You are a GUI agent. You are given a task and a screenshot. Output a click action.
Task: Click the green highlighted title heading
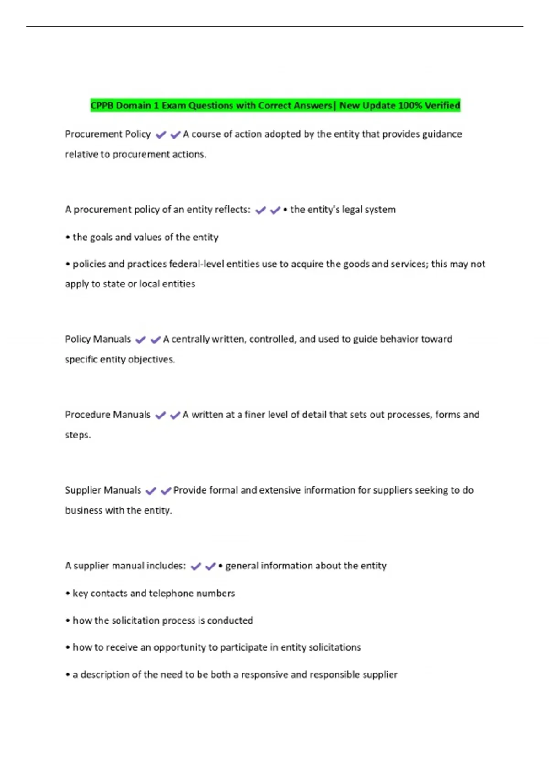click(x=275, y=106)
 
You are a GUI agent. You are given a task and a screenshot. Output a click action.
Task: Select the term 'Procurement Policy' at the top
click(x=108, y=134)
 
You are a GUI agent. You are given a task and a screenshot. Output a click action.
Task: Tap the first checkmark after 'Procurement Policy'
click(x=161, y=135)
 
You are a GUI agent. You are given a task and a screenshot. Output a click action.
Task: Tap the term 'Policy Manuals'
click(x=98, y=339)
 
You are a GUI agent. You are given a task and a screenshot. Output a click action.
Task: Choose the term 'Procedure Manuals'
click(x=108, y=415)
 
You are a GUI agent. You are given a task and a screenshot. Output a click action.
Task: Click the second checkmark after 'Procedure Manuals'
click(x=175, y=416)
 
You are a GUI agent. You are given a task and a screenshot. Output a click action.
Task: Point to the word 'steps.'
click(x=78, y=435)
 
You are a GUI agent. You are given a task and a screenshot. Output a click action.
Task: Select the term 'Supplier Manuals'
click(x=103, y=490)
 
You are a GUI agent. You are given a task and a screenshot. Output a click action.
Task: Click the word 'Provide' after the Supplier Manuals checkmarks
click(x=190, y=490)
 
